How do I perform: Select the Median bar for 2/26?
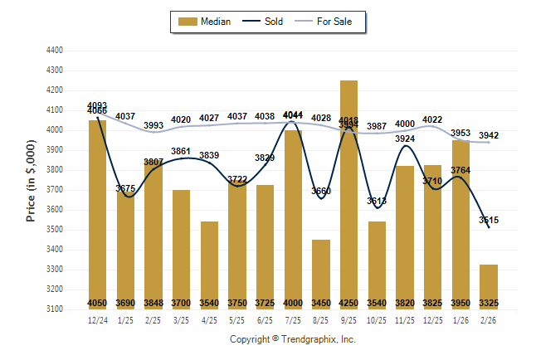coord(489,286)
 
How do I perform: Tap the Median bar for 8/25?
coord(320,274)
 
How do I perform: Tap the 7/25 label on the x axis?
coord(293,319)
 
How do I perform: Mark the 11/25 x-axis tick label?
coord(404,319)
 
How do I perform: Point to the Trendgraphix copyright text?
coord(292,339)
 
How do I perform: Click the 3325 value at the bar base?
coord(489,303)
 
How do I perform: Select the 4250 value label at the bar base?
coord(348,303)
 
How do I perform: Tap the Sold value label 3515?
coord(489,220)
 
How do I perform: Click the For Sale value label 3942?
coord(489,135)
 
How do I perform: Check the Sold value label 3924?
coord(404,139)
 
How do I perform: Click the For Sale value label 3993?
coord(153,125)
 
